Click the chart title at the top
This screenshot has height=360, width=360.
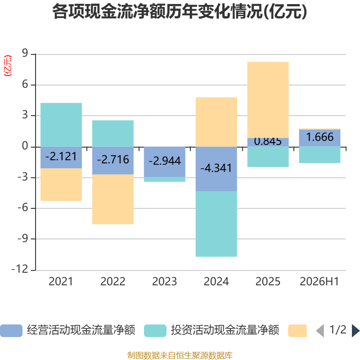pos(180,12)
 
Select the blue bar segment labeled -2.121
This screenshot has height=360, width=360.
pos(61,157)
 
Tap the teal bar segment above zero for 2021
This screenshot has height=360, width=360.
pos(61,125)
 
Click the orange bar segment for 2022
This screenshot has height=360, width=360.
pos(113,199)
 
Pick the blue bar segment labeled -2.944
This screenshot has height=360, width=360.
pos(165,162)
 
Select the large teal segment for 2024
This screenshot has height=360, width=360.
pos(216,224)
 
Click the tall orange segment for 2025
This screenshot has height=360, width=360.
pos(268,100)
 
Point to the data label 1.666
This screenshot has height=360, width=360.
pos(320,137)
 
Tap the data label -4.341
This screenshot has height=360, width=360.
pos(216,168)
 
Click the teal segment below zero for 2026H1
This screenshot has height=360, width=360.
pos(319,155)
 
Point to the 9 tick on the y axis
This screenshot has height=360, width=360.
pos(25,53)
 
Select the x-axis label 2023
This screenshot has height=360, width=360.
pos(165,282)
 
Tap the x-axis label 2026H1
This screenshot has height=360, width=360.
pos(319,282)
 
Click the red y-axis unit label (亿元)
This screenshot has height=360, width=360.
pos(8,66)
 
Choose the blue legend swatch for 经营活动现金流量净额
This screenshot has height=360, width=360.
pos(11,331)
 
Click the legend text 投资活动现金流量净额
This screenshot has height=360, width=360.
pos(225,330)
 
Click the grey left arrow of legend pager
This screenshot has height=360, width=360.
pos(320,331)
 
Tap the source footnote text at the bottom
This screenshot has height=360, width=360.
pos(180,355)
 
